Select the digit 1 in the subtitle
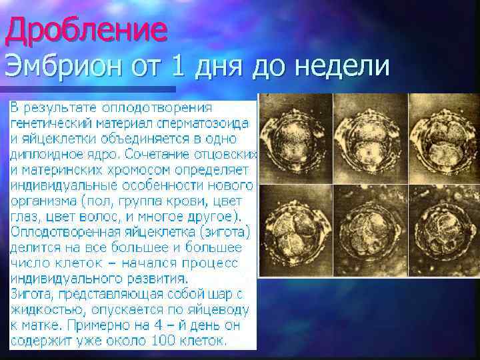(x=177, y=67)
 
